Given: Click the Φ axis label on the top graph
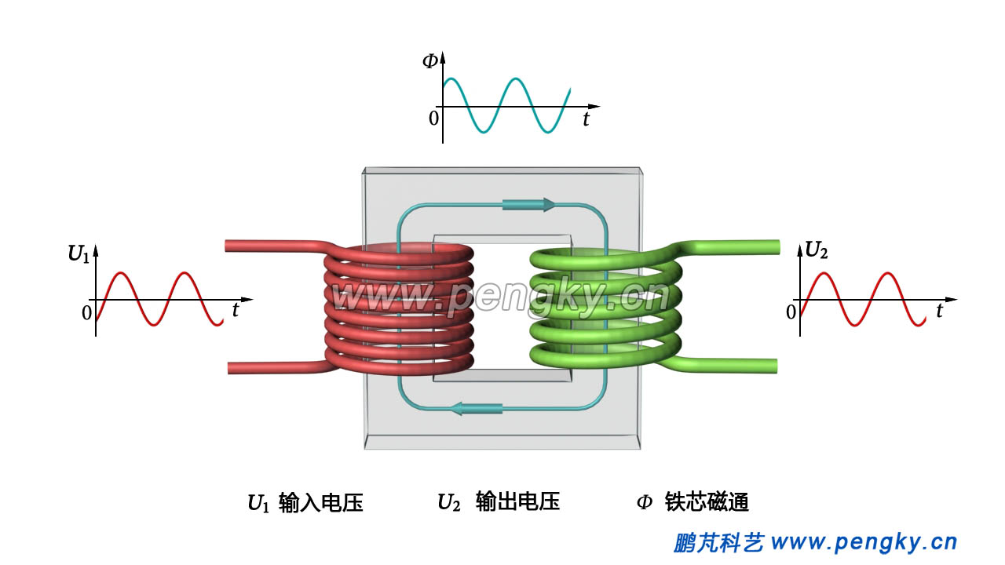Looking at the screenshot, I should point(429,60).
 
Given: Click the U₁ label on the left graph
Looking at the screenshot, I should point(79,253).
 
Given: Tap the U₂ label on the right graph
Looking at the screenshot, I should point(817,250).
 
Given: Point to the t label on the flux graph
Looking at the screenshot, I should point(586,119).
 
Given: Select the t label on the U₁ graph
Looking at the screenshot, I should point(236,310).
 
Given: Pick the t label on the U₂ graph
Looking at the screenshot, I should point(939,312).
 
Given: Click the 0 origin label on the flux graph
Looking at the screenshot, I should point(433,118).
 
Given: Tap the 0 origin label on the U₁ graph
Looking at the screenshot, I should point(86,312).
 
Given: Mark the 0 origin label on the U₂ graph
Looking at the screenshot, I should point(791,312).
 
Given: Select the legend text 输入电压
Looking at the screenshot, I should point(320,503).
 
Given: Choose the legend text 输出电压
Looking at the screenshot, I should point(517,502).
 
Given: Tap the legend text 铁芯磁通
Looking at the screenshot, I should point(707,502).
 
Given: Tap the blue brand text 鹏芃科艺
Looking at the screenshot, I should point(718,542).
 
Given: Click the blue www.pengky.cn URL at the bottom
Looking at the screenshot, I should point(864,542).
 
